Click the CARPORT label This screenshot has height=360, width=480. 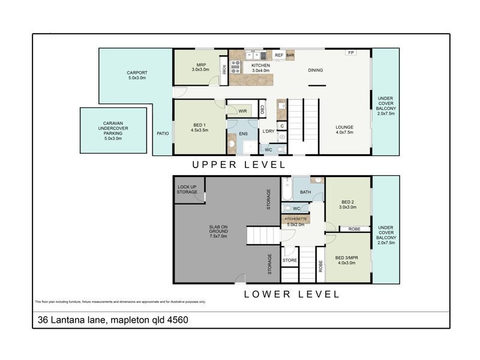pos(137,76)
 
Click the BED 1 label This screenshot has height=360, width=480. pos(199,125)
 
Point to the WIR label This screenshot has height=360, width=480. pos(242,111)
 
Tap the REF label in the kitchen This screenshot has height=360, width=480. pos(278,55)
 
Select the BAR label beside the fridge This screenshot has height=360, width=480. pos(290,55)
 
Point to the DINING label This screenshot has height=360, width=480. pos(316,70)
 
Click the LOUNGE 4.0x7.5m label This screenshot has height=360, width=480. pos(344,130)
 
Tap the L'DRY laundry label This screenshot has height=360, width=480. pos(268,131)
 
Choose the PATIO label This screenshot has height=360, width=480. pos(162,133)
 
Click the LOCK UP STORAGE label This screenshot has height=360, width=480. pos(187,189)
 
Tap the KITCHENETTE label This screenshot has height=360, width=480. pos(296,218)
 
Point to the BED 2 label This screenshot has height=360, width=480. pos(348,204)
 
